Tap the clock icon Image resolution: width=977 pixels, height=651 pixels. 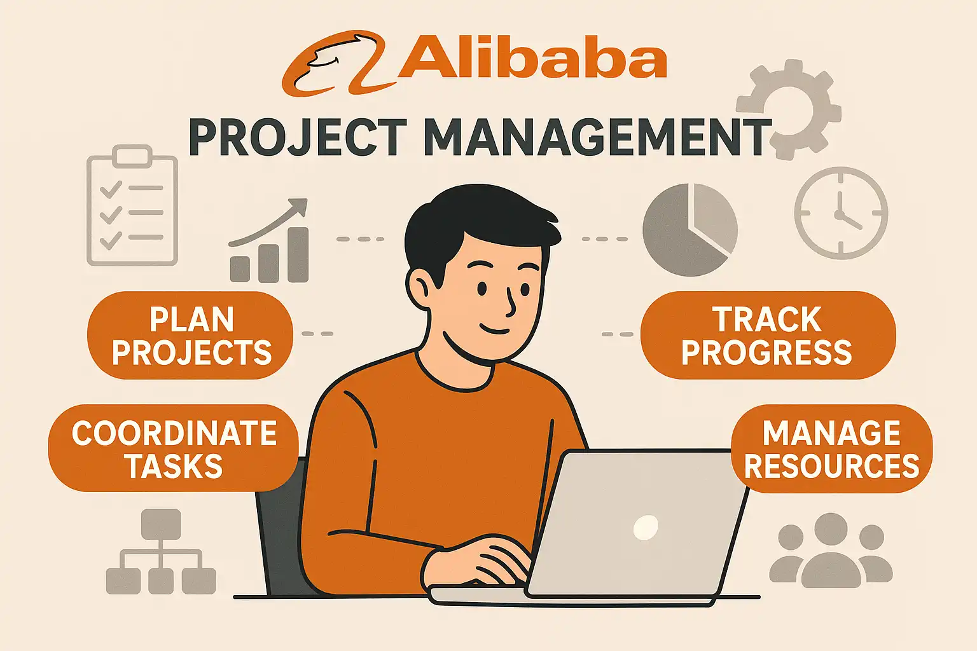841,213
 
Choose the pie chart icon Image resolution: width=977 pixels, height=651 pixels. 690,230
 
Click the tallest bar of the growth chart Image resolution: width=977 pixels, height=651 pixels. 298,254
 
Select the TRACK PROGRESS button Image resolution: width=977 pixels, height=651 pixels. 768,335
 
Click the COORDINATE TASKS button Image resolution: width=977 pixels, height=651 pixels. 174,448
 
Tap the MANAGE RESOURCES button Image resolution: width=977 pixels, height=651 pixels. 832,449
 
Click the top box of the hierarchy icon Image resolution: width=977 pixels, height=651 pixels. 162,524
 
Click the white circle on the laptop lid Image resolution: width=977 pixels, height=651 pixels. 646,527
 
